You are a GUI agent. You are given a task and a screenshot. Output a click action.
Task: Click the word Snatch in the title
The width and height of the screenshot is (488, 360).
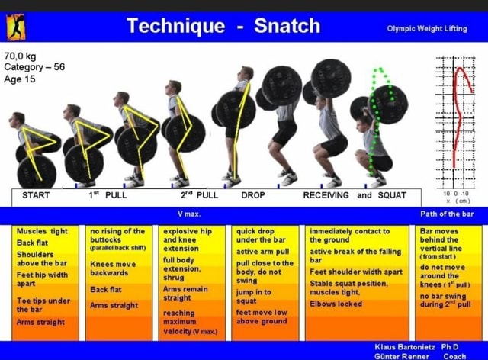tap(287, 26)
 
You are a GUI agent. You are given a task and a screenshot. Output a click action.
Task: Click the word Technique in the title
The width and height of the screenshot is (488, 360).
tap(176, 26)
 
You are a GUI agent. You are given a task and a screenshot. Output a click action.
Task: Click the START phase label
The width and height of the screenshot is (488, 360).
tap(36, 195)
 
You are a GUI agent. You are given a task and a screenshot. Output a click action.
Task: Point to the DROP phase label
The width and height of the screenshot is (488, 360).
tap(253, 195)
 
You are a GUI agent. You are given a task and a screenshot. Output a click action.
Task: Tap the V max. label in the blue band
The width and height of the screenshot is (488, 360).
tap(188, 214)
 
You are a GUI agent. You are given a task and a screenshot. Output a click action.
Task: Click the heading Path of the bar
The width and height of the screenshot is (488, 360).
tap(448, 214)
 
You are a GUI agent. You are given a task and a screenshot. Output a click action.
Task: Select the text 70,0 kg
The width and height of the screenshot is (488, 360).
tap(21, 56)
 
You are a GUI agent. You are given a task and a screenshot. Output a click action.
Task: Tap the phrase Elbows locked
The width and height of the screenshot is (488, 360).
tap(335, 304)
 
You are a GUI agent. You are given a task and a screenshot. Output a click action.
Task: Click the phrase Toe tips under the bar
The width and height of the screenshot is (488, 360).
tap(43, 305)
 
